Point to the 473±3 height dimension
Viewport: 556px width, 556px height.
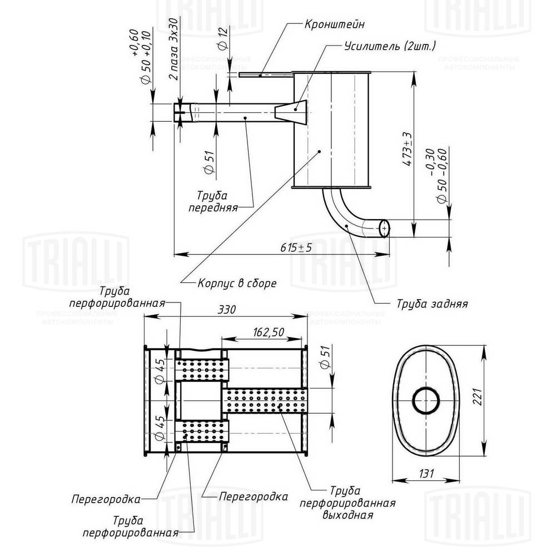tap(408, 150)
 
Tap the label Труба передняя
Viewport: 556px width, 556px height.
tap(217, 202)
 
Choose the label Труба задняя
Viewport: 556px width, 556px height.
tap(431, 304)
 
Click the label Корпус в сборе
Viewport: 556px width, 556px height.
tap(237, 282)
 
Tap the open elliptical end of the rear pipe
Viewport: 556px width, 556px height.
tap(384, 227)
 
